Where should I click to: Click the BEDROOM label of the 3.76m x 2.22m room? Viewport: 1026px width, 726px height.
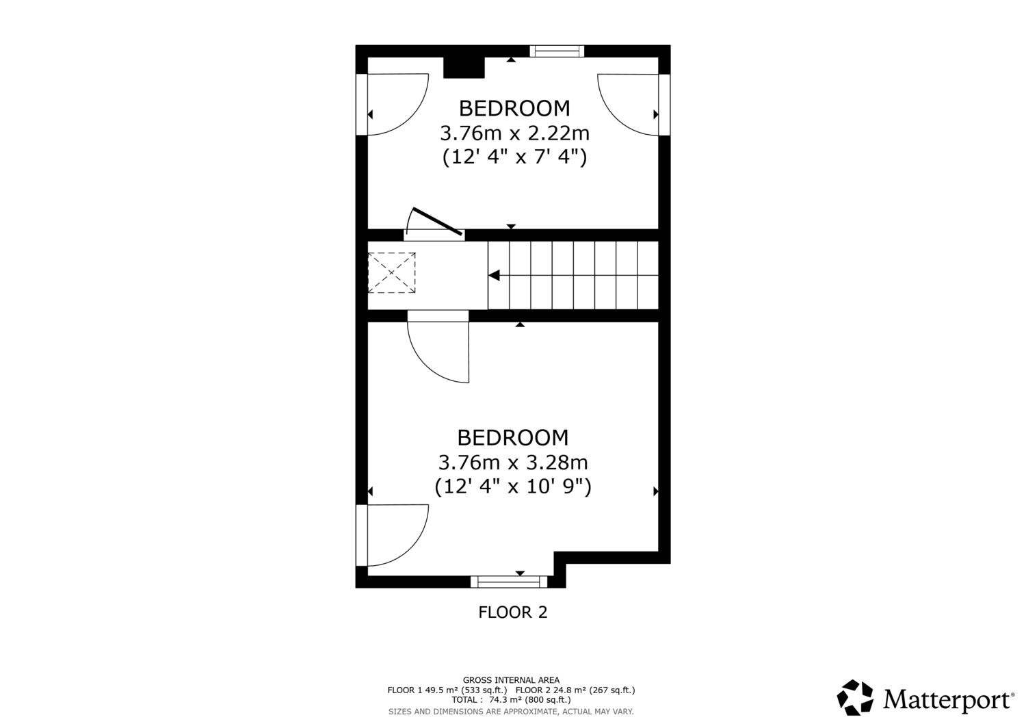tap(514, 109)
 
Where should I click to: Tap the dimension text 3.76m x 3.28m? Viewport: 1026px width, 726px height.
tap(513, 463)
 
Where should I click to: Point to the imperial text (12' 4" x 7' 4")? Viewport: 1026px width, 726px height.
tap(514, 157)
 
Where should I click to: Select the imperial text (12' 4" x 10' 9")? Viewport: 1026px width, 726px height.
tap(513, 487)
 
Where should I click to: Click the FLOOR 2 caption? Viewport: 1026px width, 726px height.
tap(513, 612)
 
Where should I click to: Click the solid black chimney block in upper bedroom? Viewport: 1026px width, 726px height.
tap(464, 67)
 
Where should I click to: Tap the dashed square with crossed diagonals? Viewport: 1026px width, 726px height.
tap(392, 273)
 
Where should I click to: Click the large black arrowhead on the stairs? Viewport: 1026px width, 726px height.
tap(494, 276)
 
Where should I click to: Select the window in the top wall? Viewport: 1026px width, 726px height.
tap(557, 51)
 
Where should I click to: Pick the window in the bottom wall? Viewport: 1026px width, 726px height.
tap(509, 582)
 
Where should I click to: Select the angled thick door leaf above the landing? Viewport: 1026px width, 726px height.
tap(438, 222)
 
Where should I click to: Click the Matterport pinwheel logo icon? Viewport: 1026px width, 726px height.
tap(855, 697)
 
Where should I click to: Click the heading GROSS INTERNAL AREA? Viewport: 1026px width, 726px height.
tap(511, 680)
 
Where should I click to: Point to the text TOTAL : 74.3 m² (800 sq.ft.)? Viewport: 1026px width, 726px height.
tap(511, 700)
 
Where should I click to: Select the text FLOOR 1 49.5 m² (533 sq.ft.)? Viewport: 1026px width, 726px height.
tap(447, 690)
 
